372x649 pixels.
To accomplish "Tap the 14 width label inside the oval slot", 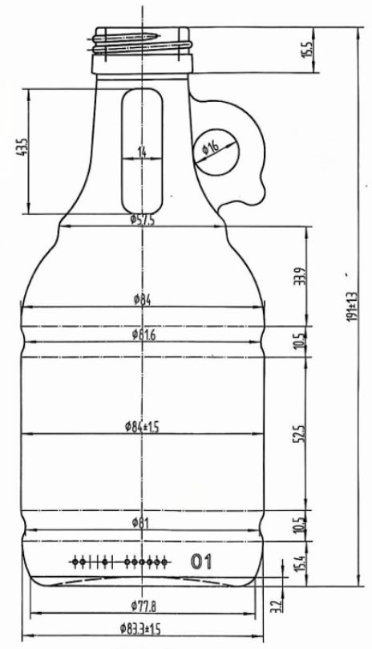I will tap(142, 151).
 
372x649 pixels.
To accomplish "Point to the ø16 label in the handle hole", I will tap(211, 148).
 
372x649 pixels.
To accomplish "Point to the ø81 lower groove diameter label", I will tap(142, 523).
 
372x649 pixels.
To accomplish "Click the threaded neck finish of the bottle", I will tap(143, 44).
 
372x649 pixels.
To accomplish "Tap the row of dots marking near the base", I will tap(121, 561).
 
